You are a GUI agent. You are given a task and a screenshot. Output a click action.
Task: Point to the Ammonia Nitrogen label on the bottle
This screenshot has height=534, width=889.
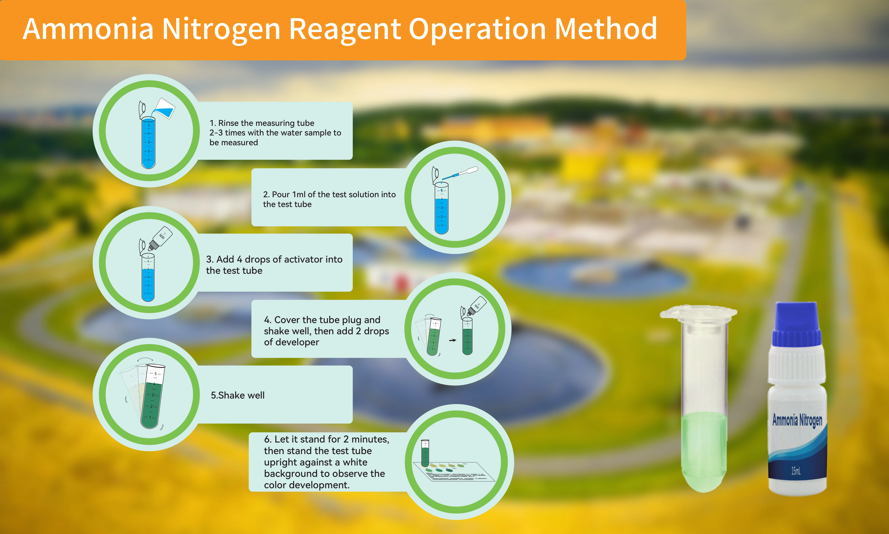(x=797, y=420)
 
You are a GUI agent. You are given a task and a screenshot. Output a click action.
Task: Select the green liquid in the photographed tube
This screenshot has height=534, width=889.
(x=704, y=450)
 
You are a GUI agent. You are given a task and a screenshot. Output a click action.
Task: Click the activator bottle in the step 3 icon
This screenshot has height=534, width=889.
(x=160, y=237)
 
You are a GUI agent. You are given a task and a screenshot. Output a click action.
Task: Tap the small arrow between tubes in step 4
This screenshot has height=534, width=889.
(x=452, y=340)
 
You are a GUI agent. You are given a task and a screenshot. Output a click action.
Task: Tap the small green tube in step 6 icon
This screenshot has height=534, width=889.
(x=425, y=453)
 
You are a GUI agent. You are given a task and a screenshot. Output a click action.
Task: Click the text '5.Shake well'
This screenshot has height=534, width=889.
(x=238, y=395)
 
